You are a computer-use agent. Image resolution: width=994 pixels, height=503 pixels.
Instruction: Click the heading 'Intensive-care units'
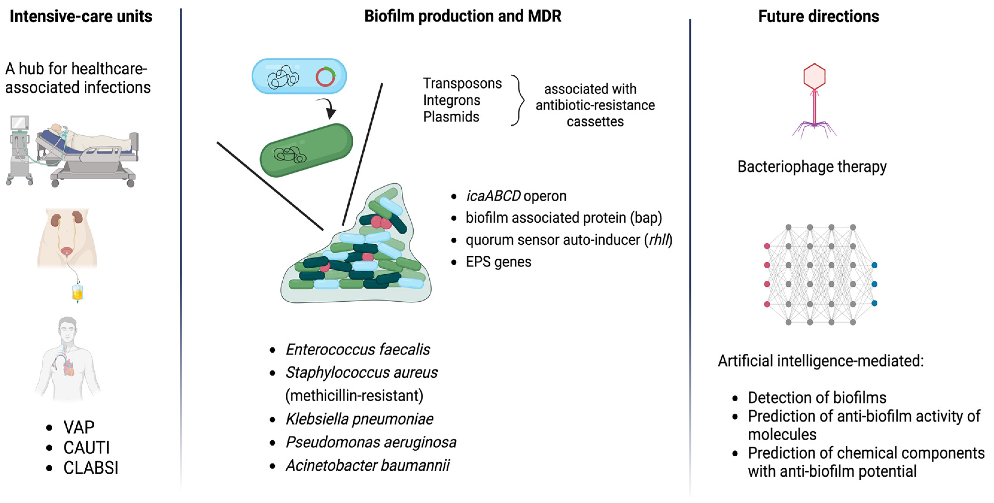81,16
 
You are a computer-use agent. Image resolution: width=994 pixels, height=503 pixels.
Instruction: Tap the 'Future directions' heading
818,16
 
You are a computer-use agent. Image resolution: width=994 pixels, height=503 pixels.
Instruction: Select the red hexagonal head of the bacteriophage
814,76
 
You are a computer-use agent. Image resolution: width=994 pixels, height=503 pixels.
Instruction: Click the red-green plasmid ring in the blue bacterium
325,77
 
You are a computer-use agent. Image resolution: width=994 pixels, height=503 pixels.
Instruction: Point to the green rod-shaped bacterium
307,150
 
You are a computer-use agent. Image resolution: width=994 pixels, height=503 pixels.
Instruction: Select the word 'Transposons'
462,83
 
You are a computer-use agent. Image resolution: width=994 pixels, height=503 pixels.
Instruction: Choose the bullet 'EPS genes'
498,262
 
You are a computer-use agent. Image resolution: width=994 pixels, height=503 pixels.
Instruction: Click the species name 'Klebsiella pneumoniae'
359,419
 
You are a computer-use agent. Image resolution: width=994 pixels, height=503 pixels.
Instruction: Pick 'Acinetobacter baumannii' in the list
367,465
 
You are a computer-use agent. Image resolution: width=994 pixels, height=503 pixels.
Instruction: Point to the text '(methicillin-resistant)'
354,396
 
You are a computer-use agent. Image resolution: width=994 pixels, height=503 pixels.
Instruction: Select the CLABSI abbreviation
91,468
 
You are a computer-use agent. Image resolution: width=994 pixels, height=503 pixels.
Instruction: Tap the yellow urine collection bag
77,293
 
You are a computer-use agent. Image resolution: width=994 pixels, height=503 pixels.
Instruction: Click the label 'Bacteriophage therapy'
812,167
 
